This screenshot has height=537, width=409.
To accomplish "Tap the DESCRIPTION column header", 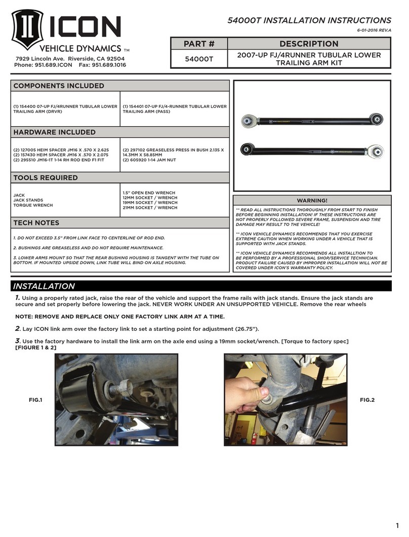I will point(308,44).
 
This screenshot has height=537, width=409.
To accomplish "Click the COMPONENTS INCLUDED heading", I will point(58,86).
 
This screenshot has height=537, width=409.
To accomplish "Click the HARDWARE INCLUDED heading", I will point(54,132).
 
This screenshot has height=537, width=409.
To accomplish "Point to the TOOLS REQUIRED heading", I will point(45,178).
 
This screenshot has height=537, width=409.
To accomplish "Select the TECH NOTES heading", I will point(36,222).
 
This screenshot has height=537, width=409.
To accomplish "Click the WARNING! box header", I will point(312,201).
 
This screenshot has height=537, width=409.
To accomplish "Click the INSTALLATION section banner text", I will point(44,286).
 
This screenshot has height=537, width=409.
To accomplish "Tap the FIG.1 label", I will point(35,400).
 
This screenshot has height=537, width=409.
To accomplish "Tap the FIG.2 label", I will point(366,400).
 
